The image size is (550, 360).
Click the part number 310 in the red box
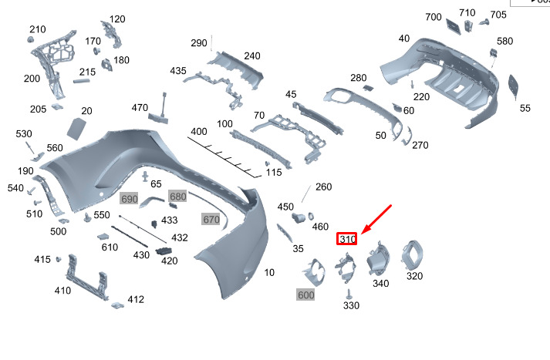tap(347, 239)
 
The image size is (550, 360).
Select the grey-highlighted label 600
tap(305, 295)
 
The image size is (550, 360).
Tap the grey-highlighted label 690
tap(129, 199)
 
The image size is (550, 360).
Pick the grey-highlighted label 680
tap(178, 197)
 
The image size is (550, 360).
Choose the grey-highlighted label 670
tap(211, 220)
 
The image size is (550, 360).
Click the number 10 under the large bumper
tap(268, 273)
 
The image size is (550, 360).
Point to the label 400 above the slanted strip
tap(199, 132)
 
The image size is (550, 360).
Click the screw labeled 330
tap(349, 294)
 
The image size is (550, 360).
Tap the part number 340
tap(380, 284)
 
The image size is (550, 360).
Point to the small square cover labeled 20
tap(79, 127)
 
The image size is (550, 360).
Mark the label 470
tap(140, 107)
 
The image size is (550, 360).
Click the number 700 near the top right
tap(433, 17)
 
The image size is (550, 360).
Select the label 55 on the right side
tap(525, 109)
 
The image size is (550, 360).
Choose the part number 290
tap(199, 43)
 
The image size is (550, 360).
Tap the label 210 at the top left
tap(38, 29)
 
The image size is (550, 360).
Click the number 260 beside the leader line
tap(323, 187)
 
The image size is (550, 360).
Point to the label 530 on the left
tap(24, 134)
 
